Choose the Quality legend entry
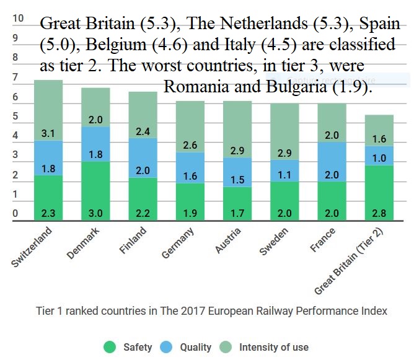pos(187,347)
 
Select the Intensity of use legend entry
pos(266,347)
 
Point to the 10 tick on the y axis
pos(18,19)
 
